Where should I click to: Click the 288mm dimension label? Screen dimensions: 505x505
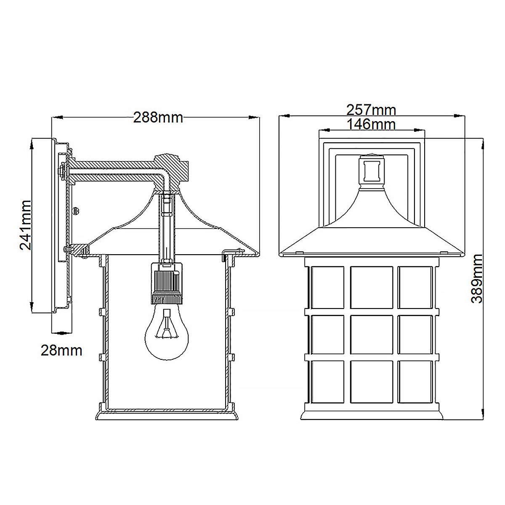tap(158, 117)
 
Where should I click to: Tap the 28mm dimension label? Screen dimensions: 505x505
tap(61, 350)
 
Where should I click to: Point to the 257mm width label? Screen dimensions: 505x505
tap(371, 110)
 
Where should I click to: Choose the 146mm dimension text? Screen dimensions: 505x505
tap(371, 124)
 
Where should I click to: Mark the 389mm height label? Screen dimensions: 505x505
tap(477, 279)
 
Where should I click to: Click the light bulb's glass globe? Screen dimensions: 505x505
tap(167, 337)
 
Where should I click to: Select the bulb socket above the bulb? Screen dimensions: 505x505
tap(167, 282)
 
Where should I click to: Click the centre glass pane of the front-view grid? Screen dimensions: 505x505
tap(372, 335)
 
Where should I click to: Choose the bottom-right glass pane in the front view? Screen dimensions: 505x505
tap(415, 381)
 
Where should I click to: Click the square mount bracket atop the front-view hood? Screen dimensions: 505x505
tap(372, 170)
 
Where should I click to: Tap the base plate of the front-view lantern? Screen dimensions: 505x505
tap(372, 415)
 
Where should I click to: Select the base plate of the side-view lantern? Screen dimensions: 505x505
tap(167, 416)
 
